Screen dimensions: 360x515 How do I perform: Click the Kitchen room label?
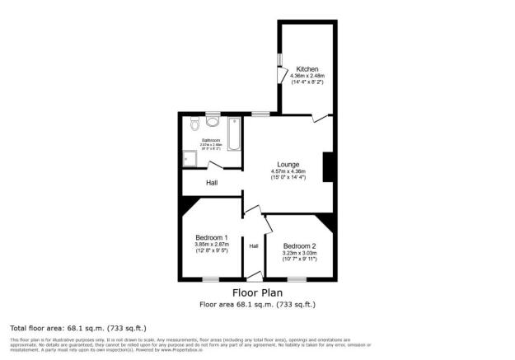(307, 69)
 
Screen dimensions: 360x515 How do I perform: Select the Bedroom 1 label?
(211, 237)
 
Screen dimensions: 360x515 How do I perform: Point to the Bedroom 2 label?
(300, 245)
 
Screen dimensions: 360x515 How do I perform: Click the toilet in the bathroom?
(194, 124)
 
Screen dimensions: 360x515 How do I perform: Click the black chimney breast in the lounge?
(328, 166)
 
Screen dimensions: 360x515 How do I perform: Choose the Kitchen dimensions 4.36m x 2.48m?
(307, 77)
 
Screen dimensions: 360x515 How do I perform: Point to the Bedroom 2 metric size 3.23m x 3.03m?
(300, 252)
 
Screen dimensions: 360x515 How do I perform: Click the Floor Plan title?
(257, 292)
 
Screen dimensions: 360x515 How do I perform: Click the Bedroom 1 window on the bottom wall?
(211, 279)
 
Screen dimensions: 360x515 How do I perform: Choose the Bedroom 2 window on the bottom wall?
(296, 279)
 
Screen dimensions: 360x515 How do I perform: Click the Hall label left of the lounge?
(212, 182)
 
